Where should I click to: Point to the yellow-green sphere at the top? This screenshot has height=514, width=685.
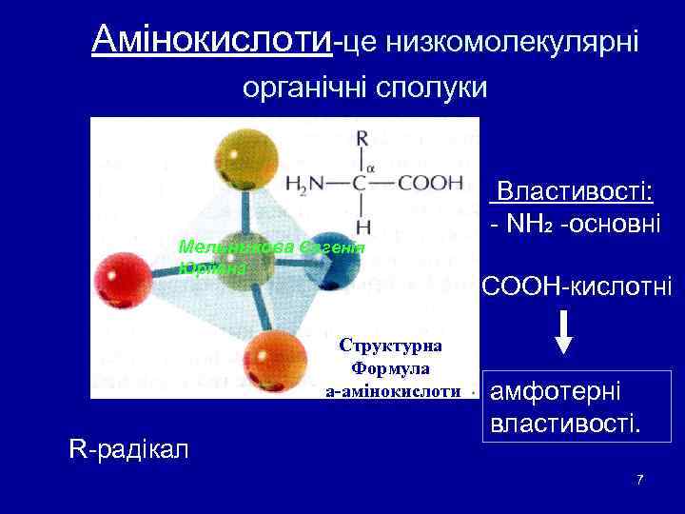coord(243,155)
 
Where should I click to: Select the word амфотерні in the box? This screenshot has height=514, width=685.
coord(555,391)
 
